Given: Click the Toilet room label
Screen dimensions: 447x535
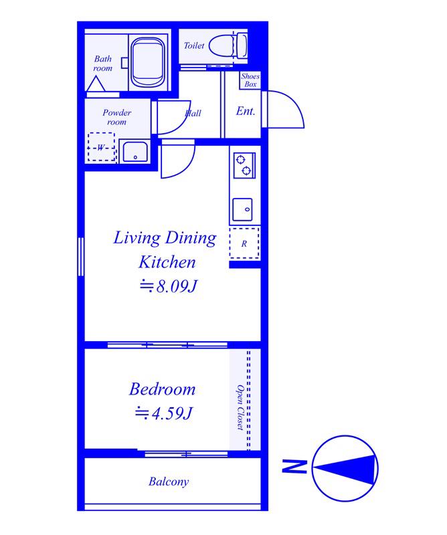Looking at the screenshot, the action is (194, 45).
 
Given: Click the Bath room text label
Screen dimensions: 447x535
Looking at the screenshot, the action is (103, 64).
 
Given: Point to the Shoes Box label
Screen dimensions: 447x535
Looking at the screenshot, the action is (250, 80).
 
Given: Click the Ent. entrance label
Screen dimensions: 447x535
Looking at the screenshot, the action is (246, 111).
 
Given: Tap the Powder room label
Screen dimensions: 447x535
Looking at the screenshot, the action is (117, 117).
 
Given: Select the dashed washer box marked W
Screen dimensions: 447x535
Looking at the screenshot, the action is (101, 147).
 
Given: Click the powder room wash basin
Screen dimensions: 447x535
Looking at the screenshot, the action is (135, 152).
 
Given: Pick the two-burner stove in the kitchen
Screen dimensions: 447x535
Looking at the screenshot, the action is (244, 165).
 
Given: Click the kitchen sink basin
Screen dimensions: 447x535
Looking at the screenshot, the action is (242, 209).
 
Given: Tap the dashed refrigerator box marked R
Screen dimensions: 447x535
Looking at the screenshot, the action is (244, 243).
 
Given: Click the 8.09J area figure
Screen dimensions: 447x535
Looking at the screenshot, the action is (169, 286).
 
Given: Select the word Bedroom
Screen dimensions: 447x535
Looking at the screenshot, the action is (162, 389).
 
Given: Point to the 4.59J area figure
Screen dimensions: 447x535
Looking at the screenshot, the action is (164, 413).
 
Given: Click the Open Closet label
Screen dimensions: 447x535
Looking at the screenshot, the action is (240, 408).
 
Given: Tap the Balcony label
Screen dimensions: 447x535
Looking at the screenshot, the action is (169, 481).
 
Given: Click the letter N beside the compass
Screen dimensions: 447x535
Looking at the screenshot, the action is (294, 466).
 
